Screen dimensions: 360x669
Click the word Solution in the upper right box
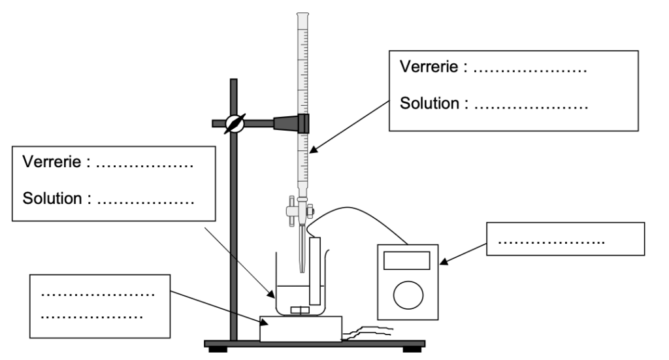[432, 103]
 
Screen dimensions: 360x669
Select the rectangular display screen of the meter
[406, 261]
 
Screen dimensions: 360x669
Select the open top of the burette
[302, 14]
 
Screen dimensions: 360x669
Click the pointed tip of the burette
[301, 269]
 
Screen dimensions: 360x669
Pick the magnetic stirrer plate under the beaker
[301, 329]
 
